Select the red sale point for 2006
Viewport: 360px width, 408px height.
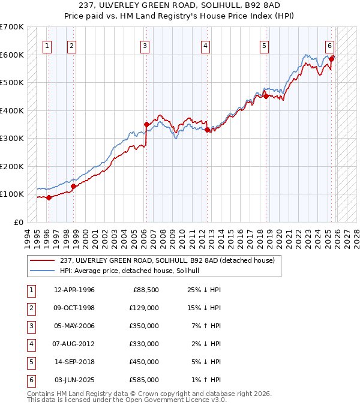click(x=146, y=125)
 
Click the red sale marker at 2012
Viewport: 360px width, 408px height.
click(x=207, y=130)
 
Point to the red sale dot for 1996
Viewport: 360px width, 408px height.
click(x=49, y=198)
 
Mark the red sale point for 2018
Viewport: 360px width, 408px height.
click(x=266, y=96)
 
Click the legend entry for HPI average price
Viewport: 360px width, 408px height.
click(x=133, y=271)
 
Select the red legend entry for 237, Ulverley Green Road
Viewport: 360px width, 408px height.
click(x=167, y=260)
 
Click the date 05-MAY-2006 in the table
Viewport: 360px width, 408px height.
click(x=74, y=327)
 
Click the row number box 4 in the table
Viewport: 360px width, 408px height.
click(x=29, y=344)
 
